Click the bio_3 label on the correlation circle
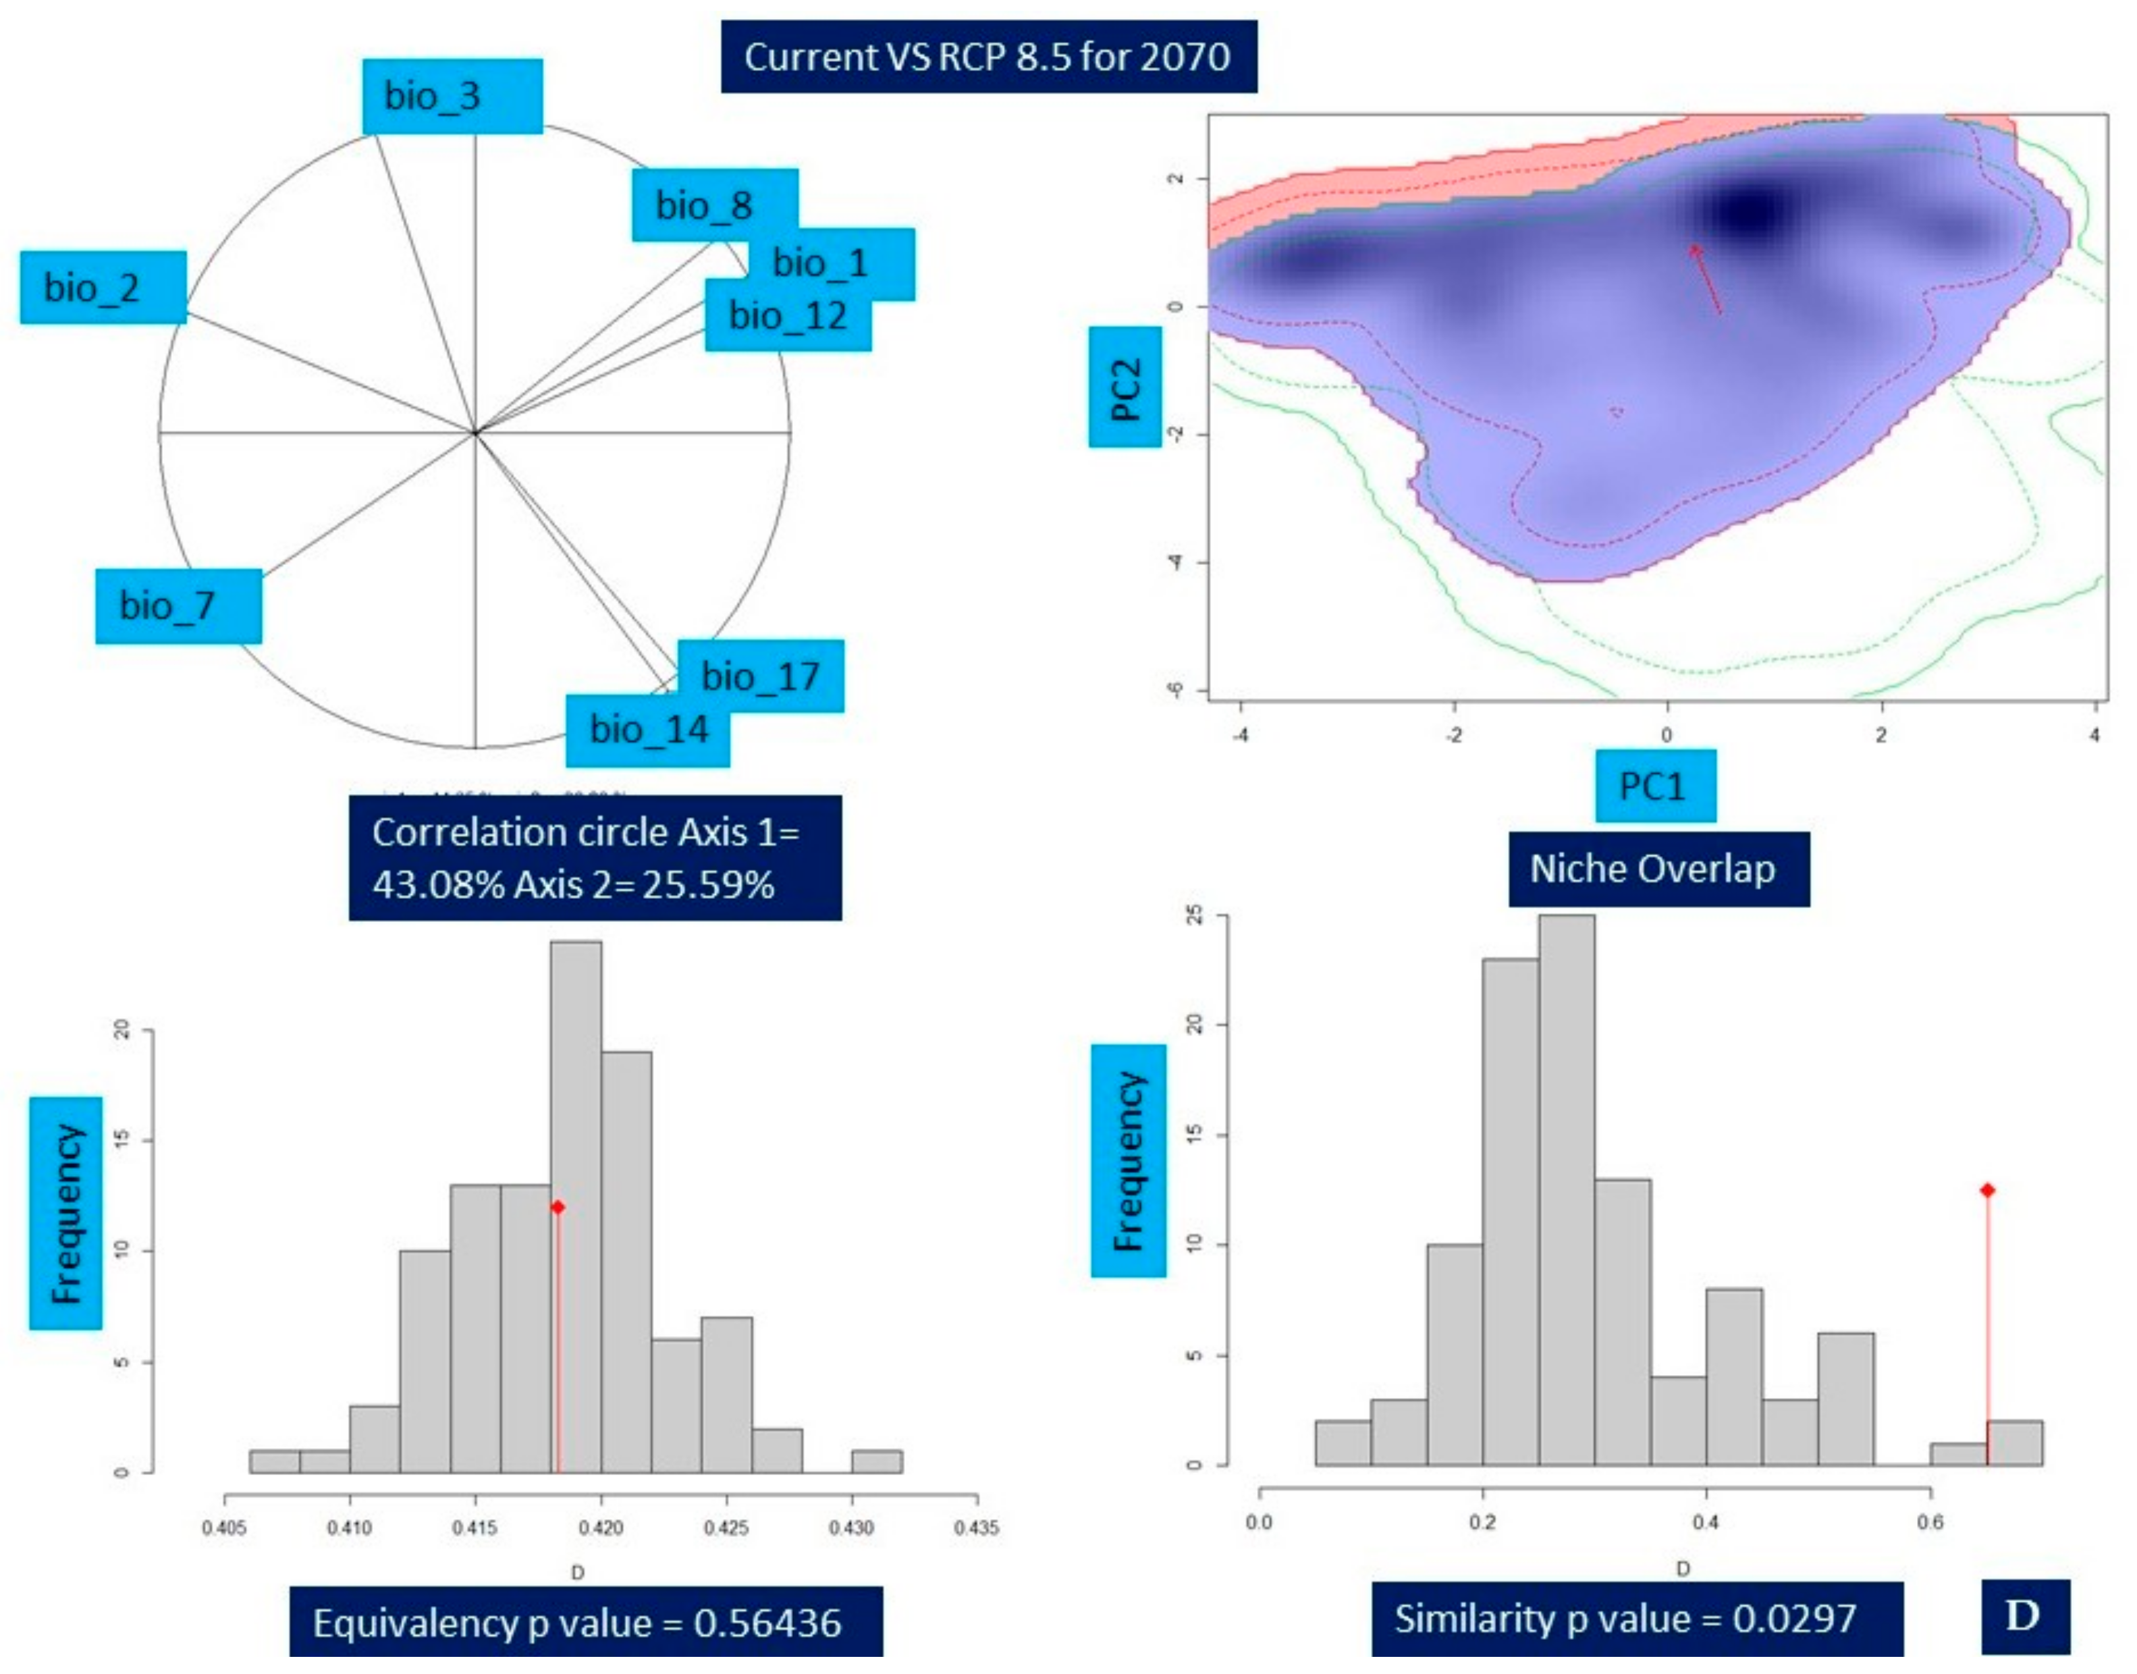[452, 96]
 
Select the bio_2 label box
[103, 287]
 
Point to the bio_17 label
[761, 676]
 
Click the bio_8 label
[715, 205]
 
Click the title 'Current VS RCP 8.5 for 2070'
[988, 57]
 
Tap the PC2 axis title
[1125, 387]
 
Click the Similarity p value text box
[1636, 1617]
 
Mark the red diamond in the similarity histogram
[1987, 1190]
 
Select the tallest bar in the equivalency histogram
[576, 1206]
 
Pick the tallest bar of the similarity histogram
[1567, 1191]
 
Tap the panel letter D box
[2024, 1616]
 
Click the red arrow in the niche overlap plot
[1706, 279]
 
